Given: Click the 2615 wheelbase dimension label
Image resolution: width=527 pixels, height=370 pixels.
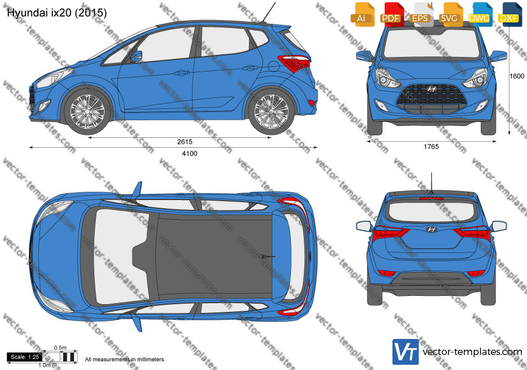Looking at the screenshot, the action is click(185, 142).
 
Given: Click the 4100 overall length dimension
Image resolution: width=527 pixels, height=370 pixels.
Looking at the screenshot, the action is click(189, 154).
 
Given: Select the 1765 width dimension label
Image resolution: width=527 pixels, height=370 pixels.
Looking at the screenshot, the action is click(431, 147).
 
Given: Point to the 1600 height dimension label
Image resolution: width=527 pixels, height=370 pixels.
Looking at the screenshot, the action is click(517, 76).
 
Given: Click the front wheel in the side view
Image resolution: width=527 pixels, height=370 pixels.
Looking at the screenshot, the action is click(87, 111).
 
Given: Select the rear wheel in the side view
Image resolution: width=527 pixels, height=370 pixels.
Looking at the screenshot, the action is click(271, 111).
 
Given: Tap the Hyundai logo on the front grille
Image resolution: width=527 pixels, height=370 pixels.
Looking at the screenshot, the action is click(431, 89).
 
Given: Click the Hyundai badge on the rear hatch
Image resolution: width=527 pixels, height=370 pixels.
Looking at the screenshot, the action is click(431, 230).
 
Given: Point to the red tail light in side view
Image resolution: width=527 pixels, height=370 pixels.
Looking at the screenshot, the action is click(294, 63).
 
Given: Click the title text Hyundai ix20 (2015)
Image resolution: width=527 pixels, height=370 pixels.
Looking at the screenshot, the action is click(57, 13).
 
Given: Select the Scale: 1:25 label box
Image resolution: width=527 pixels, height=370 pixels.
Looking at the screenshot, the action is click(24, 357).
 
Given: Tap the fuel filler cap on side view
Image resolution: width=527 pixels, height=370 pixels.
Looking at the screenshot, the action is click(273, 66).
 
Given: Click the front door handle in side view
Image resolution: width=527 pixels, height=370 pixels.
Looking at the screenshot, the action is click(182, 72).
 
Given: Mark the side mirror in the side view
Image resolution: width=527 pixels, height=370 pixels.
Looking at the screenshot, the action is click(137, 56).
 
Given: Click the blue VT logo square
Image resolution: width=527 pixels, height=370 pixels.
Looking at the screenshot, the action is click(405, 352).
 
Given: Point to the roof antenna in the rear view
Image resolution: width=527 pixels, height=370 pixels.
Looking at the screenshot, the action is click(431, 182).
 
